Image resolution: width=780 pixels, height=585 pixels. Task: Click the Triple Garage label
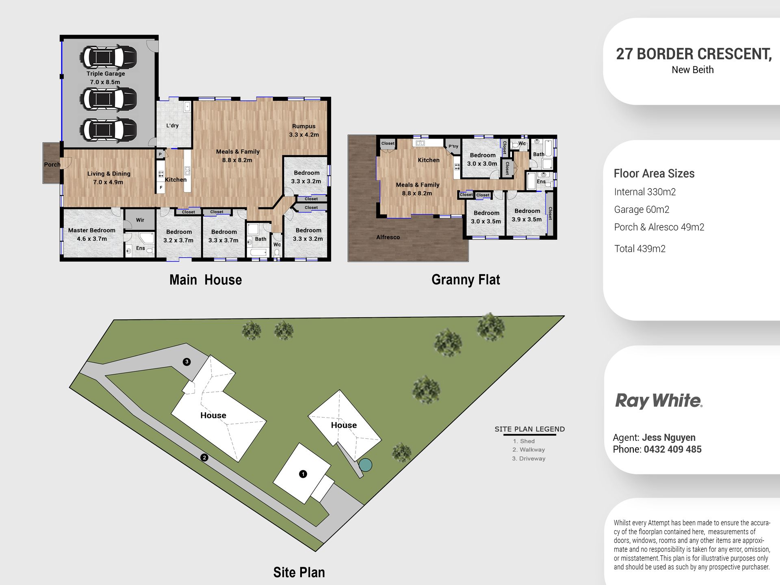pos(106,74)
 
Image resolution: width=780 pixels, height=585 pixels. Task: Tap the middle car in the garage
pos(108,99)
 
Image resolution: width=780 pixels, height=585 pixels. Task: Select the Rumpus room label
pos(303,126)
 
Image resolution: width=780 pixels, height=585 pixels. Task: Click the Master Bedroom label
pos(92,230)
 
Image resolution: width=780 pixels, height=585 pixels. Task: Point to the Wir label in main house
pos(140,220)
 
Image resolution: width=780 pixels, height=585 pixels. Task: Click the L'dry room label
pos(172,126)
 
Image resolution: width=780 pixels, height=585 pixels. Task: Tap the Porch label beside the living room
pos(52,165)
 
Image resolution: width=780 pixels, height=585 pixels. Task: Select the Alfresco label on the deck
pos(388,237)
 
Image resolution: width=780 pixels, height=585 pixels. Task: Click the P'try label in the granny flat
pos(453,146)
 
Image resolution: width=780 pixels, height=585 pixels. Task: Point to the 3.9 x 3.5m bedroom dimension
pos(526,219)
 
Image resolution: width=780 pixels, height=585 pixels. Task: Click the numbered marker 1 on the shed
pos(303,474)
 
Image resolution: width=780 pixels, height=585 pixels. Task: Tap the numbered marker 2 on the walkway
pos(204,457)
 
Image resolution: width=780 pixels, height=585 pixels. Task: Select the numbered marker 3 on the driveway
pos(187,362)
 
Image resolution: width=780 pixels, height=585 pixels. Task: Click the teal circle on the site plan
pos(365,465)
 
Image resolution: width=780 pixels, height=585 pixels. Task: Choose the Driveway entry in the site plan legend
pos(529,459)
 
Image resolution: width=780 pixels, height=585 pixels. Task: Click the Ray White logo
pos(659,401)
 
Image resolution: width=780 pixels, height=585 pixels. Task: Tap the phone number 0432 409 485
pos(673,449)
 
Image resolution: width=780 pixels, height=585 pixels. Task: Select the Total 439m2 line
pos(640,249)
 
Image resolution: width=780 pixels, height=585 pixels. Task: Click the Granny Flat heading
pos(466,279)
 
